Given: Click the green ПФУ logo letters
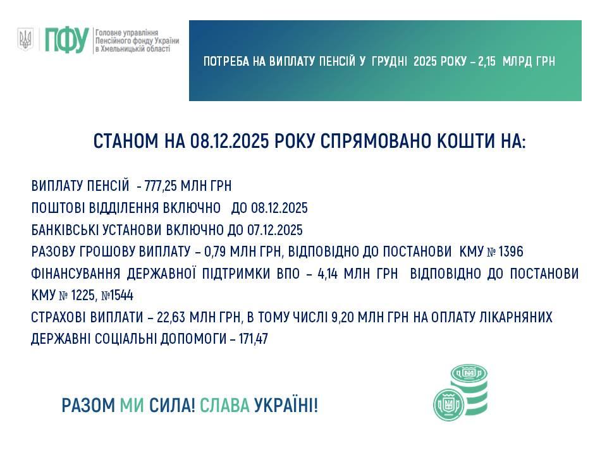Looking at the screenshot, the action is click(67, 40).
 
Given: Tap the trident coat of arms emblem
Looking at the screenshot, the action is click(25, 39).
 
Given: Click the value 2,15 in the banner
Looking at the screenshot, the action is click(487, 61).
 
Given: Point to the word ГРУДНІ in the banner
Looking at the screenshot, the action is click(389, 61).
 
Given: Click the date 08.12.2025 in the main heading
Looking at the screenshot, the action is click(229, 141).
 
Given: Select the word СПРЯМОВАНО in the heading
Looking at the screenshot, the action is click(376, 141).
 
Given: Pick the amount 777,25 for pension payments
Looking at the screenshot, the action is click(161, 186).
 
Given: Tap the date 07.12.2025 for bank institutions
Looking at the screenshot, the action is click(275, 230).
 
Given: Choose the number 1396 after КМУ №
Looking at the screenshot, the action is click(511, 252).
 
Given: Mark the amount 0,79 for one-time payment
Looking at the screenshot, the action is click(214, 252).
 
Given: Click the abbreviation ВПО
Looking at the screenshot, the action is click(288, 274).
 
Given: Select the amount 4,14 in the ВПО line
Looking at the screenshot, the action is click(328, 274).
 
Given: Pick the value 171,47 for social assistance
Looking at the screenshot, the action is click(253, 339).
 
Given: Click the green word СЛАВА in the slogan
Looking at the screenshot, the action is click(224, 406).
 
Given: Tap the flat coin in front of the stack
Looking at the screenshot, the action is click(449, 404).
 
